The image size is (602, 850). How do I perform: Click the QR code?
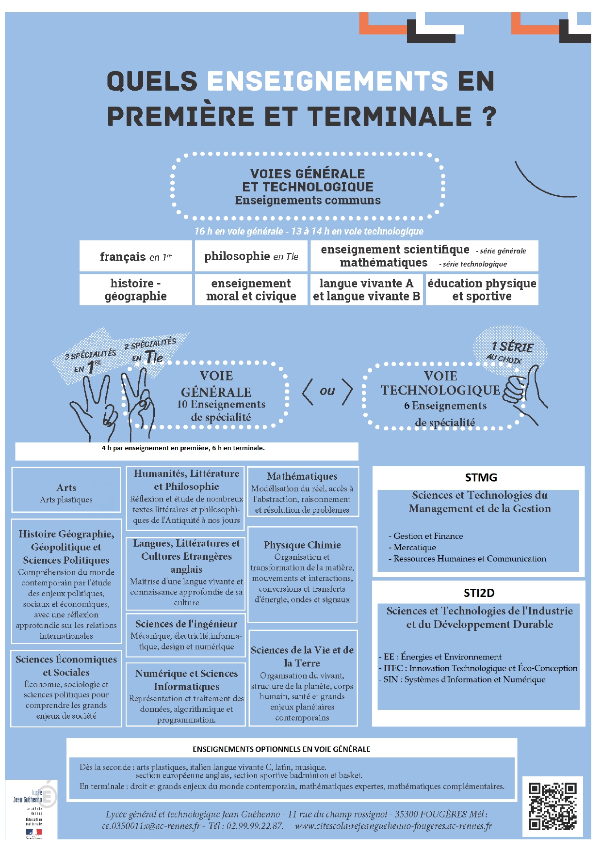tap(552, 806)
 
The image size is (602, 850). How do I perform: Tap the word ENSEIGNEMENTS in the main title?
tap(327, 81)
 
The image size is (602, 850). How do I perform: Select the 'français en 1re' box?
tap(136, 256)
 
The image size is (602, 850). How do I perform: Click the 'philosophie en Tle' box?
tap(251, 256)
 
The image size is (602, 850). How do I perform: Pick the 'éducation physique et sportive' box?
tap(482, 290)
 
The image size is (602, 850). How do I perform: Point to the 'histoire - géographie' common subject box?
tap(136, 290)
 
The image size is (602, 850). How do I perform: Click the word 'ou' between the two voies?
tap(327, 391)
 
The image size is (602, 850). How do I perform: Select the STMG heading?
tap(481, 477)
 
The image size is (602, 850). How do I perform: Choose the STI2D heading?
tap(479, 593)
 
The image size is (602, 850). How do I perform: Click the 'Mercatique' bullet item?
tap(415, 547)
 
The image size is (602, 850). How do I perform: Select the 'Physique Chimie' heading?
tap(302, 545)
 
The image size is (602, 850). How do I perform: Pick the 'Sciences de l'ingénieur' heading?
tap(186, 624)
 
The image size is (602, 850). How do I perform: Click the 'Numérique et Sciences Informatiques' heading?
tap(186, 680)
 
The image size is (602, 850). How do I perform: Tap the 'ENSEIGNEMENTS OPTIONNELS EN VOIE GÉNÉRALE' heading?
tap(281, 749)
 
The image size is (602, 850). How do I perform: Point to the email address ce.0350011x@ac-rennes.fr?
tap(151, 826)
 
